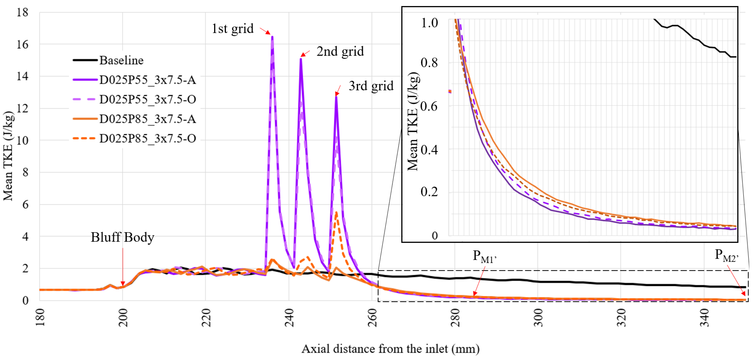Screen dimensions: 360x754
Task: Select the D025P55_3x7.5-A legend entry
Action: point(147,80)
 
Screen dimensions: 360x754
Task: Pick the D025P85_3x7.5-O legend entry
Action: point(147,138)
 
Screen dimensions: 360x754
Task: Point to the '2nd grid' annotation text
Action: point(340,51)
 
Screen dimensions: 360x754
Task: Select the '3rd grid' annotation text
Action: point(371,86)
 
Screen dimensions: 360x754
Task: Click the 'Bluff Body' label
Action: point(122,237)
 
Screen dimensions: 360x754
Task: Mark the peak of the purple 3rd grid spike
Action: point(336,97)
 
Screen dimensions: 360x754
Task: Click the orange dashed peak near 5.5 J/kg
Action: point(336,213)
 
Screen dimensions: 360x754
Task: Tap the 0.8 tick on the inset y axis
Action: point(429,63)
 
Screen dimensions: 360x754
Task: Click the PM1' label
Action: point(484,256)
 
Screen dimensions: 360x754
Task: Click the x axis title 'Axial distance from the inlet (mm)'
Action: point(390,349)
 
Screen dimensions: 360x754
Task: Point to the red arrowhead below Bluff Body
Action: point(123,284)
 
